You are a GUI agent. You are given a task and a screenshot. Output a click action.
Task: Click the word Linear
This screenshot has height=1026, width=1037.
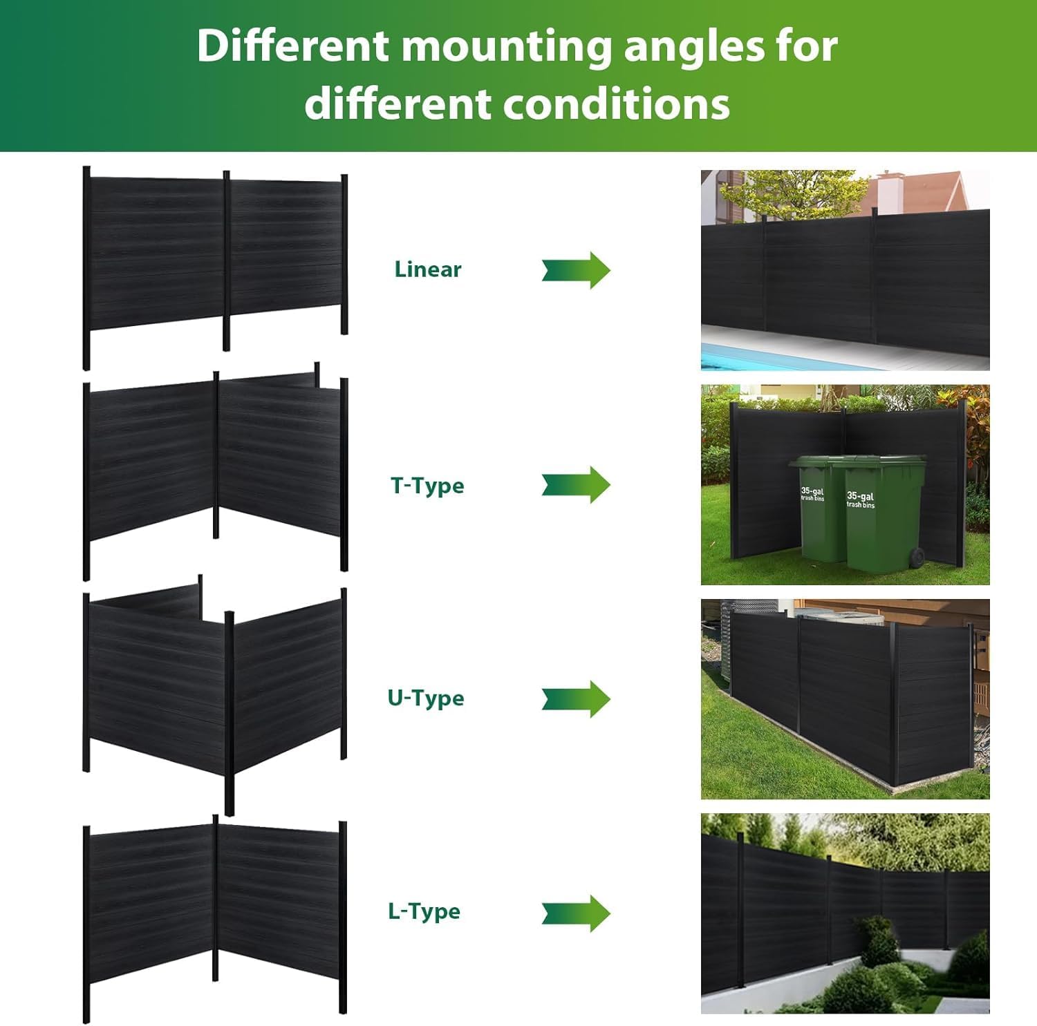pos(427,269)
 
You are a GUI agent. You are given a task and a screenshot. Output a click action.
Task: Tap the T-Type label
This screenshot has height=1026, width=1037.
pos(427,486)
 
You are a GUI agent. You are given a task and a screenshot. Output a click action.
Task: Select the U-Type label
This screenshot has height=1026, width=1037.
pos(426,698)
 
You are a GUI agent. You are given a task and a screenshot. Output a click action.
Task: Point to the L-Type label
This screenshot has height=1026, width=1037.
pos(424,911)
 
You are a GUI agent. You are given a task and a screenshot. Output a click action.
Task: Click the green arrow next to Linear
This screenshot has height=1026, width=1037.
pos(576,270)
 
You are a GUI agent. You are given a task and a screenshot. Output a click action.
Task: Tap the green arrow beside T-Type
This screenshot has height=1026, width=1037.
pos(576,484)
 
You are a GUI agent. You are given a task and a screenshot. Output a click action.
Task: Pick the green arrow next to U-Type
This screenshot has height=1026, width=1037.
pos(576,699)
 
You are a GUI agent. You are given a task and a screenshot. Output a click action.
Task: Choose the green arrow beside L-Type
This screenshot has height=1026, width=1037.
pos(576,913)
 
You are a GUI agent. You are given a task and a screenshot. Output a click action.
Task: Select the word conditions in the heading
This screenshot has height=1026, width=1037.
pos(617,104)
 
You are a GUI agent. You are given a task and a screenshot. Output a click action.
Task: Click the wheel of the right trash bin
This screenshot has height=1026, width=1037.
pos(917,558)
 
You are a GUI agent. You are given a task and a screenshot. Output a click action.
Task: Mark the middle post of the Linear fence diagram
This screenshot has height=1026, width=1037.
pos(226,260)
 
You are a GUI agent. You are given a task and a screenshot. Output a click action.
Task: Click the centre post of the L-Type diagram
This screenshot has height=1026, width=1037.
pos(216,897)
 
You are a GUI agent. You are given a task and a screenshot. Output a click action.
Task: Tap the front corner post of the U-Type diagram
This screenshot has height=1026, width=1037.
pos(230,713)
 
